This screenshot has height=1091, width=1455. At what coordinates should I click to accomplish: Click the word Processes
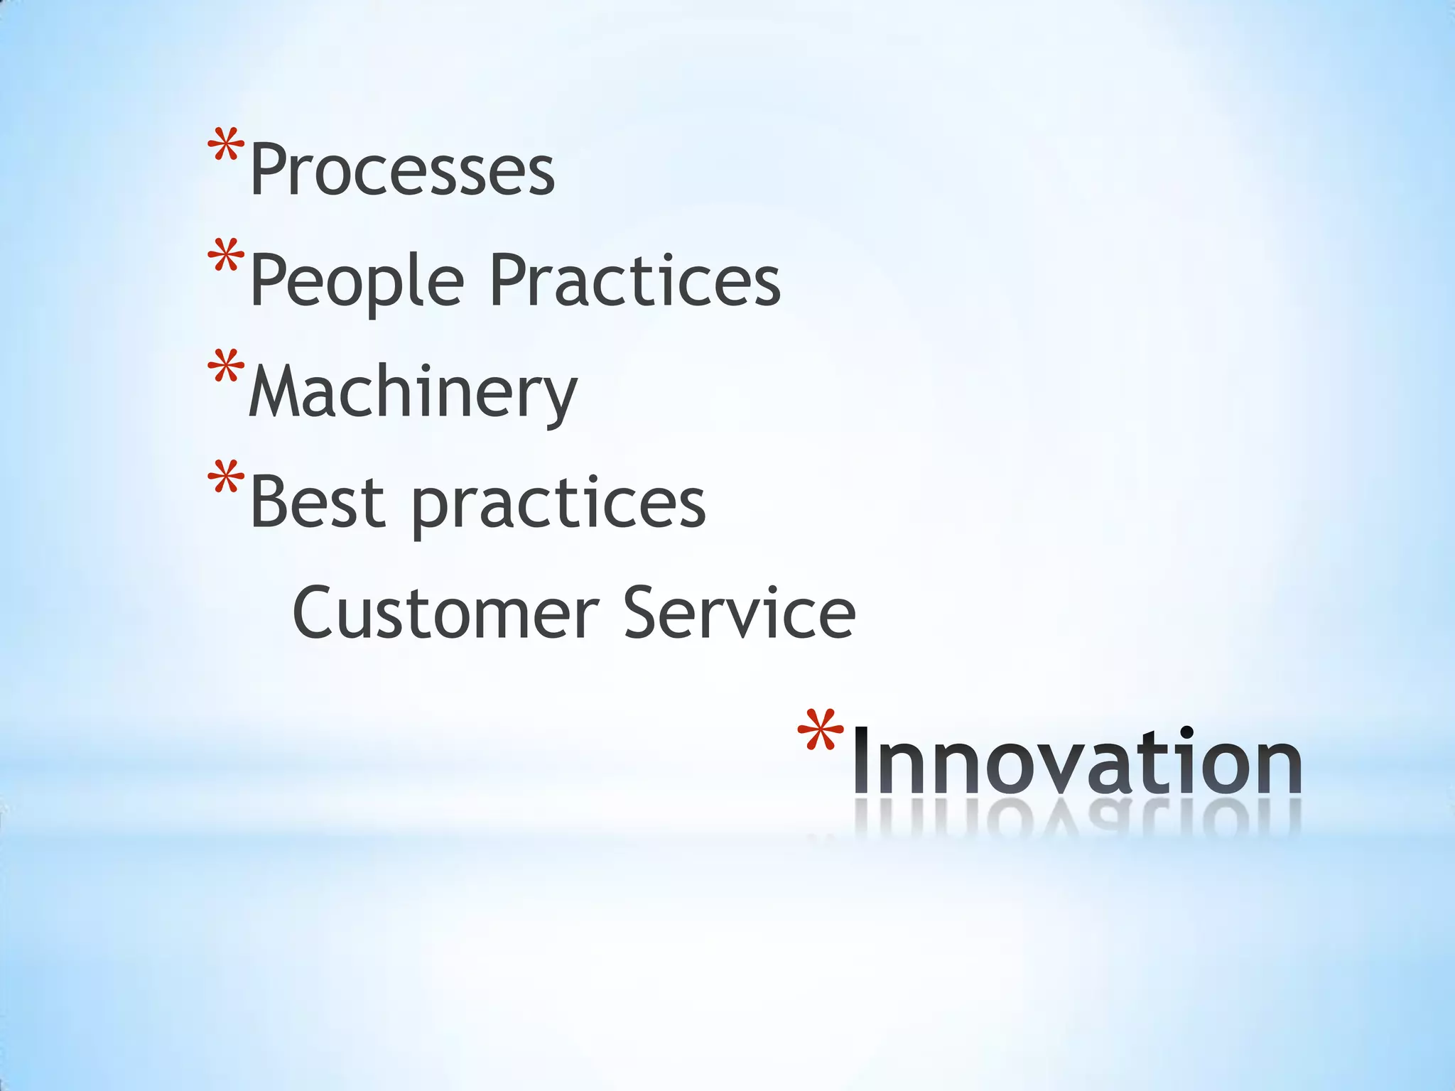point(402,170)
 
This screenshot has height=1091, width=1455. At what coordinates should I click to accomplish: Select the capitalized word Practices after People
point(635,281)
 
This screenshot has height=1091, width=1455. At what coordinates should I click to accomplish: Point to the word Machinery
point(413,393)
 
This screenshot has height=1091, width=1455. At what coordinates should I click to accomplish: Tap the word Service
point(739,613)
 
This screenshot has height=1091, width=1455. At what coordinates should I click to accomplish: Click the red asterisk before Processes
point(226,149)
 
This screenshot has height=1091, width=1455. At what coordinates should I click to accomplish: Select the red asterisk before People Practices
point(226,259)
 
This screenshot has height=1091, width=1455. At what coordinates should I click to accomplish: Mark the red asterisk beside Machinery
point(226,369)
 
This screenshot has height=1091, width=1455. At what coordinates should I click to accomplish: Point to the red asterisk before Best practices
point(226,480)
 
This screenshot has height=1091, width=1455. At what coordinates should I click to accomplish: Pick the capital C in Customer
point(315,613)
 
